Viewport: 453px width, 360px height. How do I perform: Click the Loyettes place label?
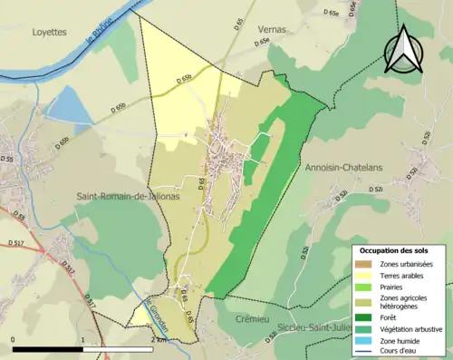(x=49, y=31)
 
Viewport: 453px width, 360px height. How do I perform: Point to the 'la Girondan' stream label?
(x=159, y=304)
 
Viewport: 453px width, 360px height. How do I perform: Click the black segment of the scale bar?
(x=48, y=348)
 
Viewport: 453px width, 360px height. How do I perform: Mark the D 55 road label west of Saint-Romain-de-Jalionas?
(x=8, y=159)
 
